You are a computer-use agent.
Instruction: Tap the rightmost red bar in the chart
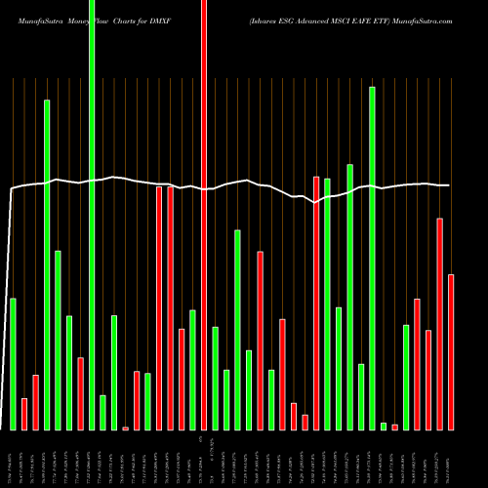pos(451,351)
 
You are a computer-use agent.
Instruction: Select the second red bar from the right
pos(439,323)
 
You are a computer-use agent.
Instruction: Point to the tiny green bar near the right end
pos(384,426)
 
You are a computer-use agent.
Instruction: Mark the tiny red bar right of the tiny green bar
pos(395,427)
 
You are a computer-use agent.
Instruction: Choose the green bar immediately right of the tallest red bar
pos(215,378)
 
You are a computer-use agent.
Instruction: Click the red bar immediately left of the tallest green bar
pos(80,393)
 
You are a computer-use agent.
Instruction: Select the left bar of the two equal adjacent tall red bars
pos(159,307)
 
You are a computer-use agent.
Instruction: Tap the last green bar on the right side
pos(406,377)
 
